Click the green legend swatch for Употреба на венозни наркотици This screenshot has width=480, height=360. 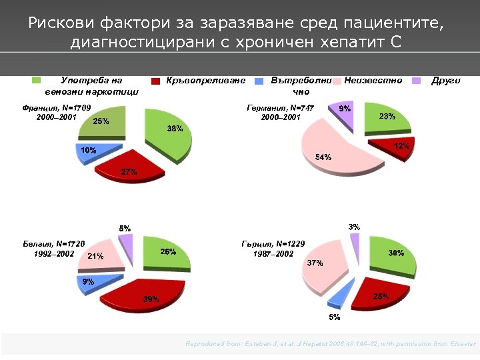tap(37, 81)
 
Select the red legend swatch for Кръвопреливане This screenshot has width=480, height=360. tap(155, 81)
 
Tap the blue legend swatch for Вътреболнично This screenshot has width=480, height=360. tap(260, 81)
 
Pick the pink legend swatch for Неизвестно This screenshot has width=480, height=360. tap(338, 81)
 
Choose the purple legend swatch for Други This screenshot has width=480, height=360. tap(417, 81)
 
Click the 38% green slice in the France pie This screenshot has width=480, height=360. tap(169, 133)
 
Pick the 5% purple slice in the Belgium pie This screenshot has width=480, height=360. tap(126, 247)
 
